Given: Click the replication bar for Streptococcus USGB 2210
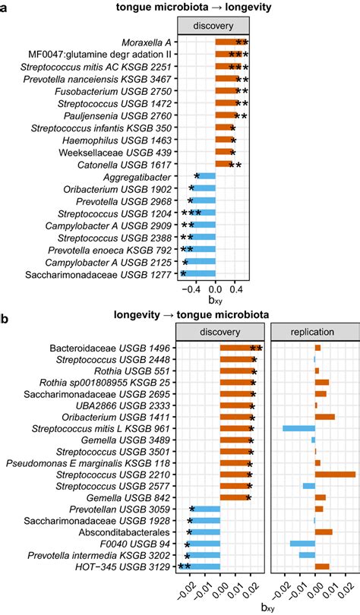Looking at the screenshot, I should [x=335, y=475].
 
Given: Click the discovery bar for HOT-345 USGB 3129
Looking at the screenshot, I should [x=201, y=566].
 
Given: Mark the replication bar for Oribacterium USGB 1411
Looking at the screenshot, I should [x=324, y=417].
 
